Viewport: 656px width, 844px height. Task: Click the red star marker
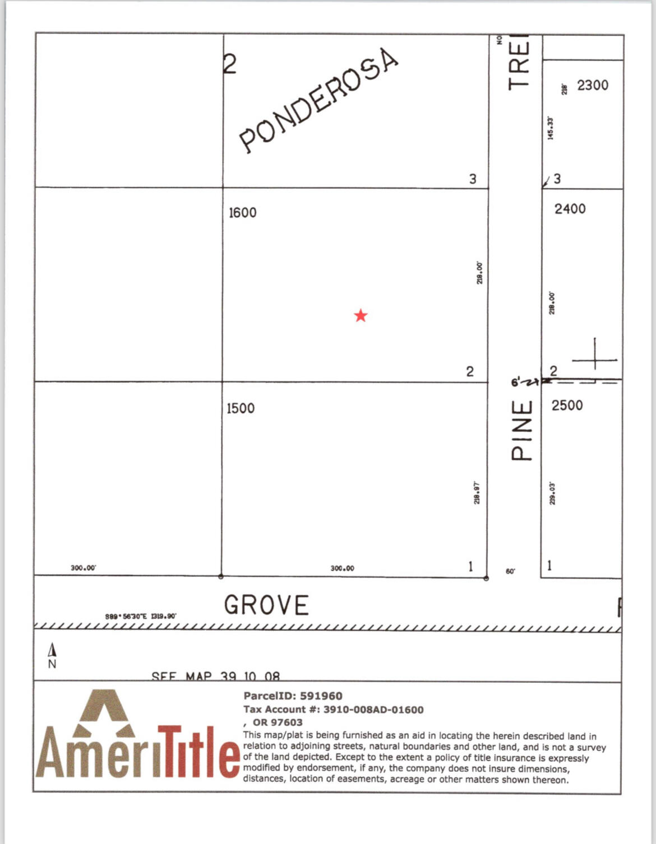(x=361, y=315)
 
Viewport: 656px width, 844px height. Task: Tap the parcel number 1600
(x=242, y=213)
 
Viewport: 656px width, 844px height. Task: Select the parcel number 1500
(x=241, y=408)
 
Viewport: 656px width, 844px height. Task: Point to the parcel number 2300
(x=593, y=85)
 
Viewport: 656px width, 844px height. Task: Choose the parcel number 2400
(x=570, y=209)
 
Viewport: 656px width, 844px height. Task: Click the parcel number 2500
(x=567, y=405)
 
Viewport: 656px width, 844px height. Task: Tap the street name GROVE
(x=266, y=605)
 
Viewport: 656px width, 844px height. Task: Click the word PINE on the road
(x=521, y=430)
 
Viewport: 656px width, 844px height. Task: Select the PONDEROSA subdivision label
(x=318, y=101)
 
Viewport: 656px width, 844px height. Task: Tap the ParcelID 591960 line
(x=293, y=696)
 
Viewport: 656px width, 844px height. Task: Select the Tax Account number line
(x=333, y=710)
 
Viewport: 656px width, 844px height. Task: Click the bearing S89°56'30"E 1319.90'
(x=141, y=616)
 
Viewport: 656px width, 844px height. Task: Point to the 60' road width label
(x=510, y=571)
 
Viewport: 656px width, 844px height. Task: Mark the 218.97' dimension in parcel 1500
(x=477, y=492)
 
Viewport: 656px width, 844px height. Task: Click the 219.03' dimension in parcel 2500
(x=552, y=492)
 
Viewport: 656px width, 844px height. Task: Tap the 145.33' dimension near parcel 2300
(x=551, y=128)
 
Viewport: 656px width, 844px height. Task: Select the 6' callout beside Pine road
(x=516, y=383)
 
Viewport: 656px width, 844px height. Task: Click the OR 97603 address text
(x=277, y=722)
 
